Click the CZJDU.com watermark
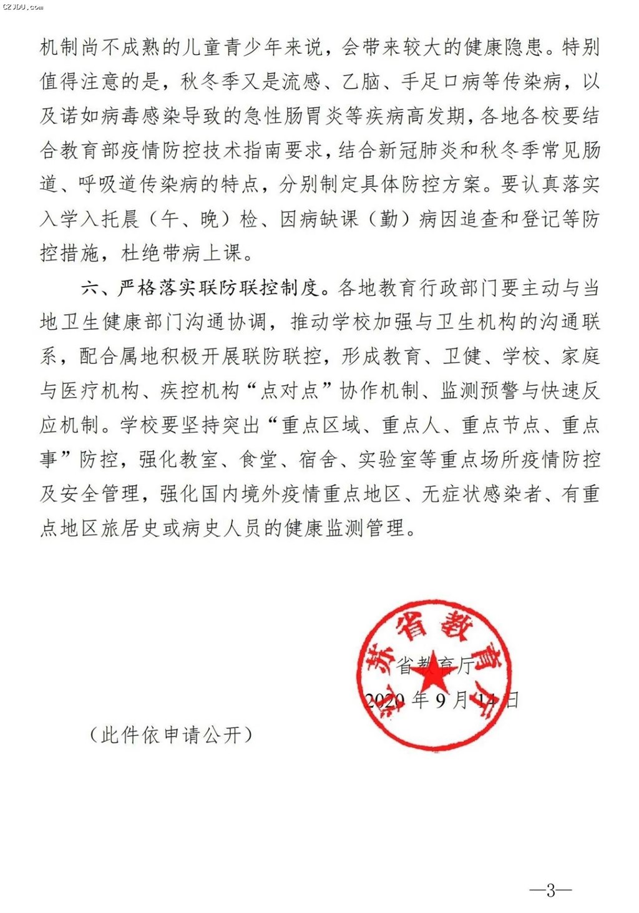(22, 7)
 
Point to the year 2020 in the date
(384, 700)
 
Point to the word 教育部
(100, 151)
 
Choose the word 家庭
(580, 357)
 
